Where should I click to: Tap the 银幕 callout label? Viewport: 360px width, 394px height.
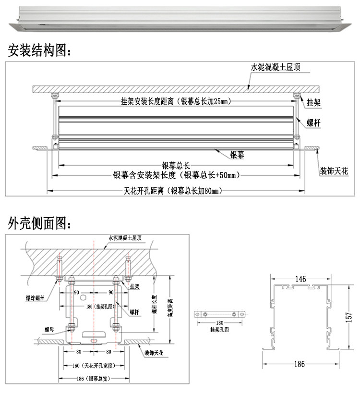[x=237, y=155]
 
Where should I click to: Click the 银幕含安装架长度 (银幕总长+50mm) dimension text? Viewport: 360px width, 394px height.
[x=176, y=175]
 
